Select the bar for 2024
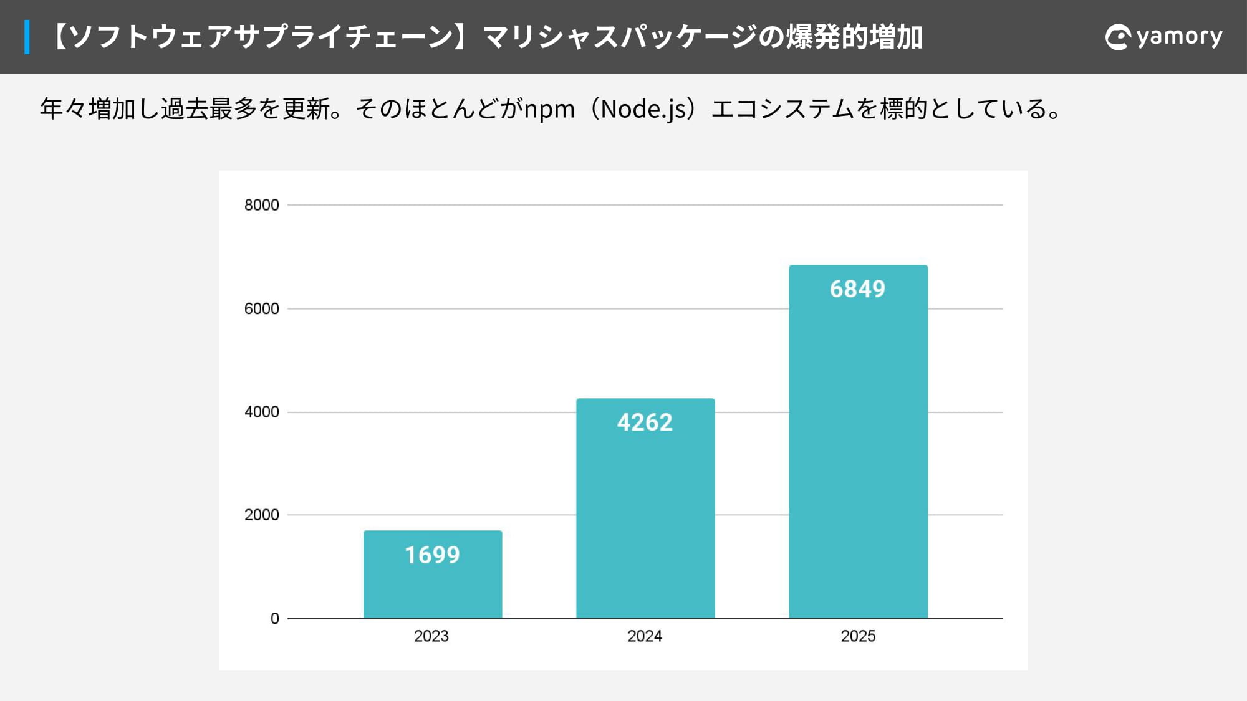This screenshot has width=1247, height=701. [645, 517]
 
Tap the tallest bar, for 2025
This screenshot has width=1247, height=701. [858, 449]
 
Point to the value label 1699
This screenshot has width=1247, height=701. [432, 555]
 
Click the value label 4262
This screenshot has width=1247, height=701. [645, 422]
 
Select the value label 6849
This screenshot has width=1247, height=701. [857, 289]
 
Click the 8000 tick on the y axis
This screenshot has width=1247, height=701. [261, 205]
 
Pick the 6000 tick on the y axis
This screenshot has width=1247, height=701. [261, 308]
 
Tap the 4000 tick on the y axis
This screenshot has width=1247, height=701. [261, 412]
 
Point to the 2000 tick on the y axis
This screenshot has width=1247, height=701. [261, 515]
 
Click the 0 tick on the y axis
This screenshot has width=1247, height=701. [274, 619]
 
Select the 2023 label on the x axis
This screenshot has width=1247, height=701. [431, 636]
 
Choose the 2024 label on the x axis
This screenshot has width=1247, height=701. [645, 636]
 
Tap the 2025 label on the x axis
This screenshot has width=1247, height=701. [858, 636]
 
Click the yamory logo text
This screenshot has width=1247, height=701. [1179, 37]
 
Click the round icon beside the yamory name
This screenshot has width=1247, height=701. [1117, 37]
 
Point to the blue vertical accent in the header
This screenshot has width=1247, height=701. [27, 37]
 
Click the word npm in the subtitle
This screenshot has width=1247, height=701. [549, 109]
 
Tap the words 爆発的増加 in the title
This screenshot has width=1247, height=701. [854, 37]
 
